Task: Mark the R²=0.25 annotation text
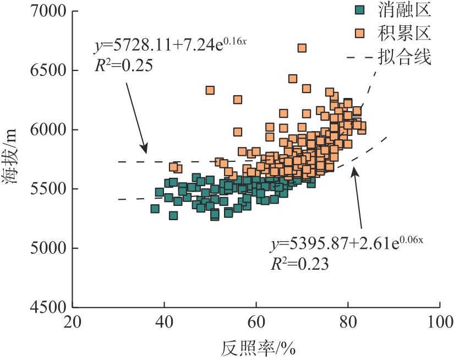pos(123,66)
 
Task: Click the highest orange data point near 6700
pos(302,48)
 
